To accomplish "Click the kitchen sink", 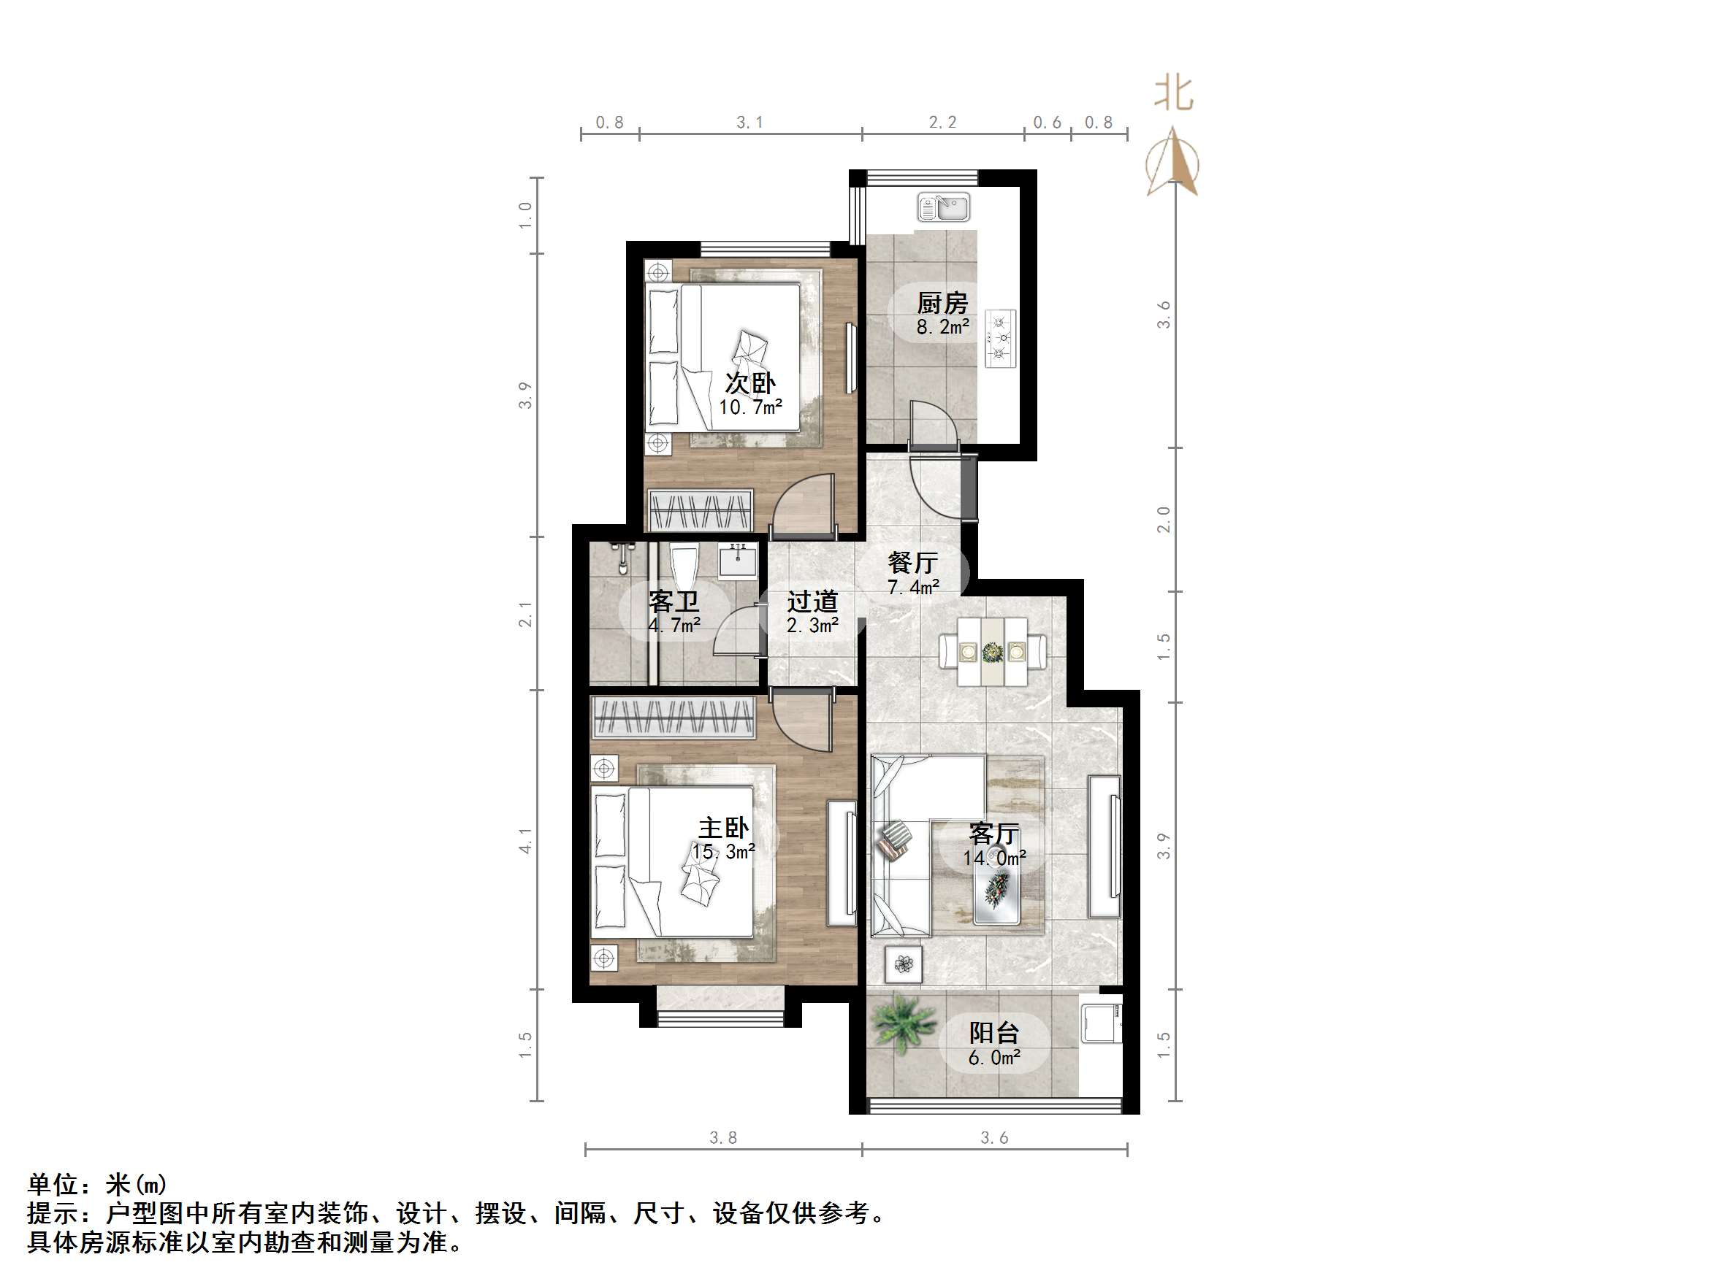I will pos(943,207).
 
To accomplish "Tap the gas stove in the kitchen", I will pos(1001,338).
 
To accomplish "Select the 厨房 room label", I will pos(942,303).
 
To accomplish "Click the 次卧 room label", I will pos(749,383).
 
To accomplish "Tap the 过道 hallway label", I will pos(812,601).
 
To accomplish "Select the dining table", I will pos(993,651).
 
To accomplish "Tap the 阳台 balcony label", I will pos(993,1032).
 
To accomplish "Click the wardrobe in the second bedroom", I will pos(701,510).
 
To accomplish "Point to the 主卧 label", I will pos(723,827).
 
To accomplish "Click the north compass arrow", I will pos(1173,163).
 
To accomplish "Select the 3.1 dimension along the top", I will pos(749,123).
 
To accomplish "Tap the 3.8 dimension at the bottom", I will pos(722,1137).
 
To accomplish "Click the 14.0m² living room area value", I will pos(994,858).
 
